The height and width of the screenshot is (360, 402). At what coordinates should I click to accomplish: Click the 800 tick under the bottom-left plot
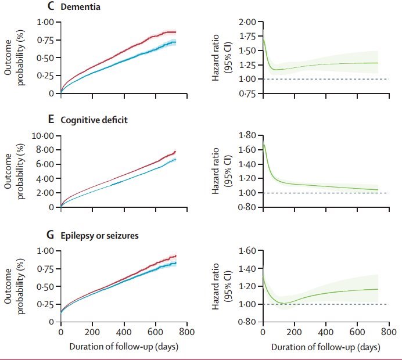186,333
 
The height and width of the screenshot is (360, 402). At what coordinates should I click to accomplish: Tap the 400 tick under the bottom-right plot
326,333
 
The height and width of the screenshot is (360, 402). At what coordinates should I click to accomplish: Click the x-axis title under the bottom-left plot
123,347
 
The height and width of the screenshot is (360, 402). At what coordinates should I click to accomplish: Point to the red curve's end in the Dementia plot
175,32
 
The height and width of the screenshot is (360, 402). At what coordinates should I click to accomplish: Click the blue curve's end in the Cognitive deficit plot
175,159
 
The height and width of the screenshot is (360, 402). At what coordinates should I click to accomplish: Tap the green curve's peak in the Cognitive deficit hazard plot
264,145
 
